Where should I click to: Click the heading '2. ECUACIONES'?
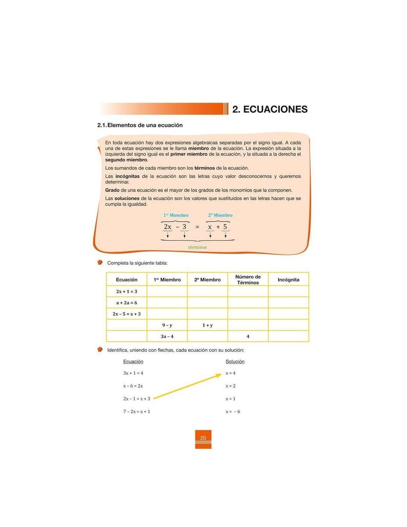pyautogui.click(x=270, y=109)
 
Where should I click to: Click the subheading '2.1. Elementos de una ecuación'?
pyautogui.click(x=140, y=125)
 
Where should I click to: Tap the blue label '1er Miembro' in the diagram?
pyautogui.click(x=176, y=215)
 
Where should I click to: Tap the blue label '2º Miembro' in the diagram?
pyautogui.click(x=220, y=215)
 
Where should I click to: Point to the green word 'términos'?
pyautogui.click(x=197, y=247)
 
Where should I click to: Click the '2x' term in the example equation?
pyautogui.click(x=168, y=227)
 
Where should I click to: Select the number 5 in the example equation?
pyautogui.click(x=225, y=226)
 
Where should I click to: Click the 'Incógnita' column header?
pyautogui.click(x=288, y=280)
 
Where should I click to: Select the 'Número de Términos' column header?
pyautogui.click(x=248, y=280)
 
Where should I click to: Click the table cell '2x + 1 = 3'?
pyautogui.click(x=127, y=292)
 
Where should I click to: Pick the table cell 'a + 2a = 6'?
pyautogui.click(x=127, y=303)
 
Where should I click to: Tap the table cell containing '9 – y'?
pyautogui.click(x=167, y=325)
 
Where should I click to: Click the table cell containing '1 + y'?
pyautogui.click(x=208, y=325)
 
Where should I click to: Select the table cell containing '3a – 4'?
pyautogui.click(x=167, y=337)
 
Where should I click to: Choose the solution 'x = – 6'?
pyautogui.click(x=233, y=412)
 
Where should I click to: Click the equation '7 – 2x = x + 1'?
pyautogui.click(x=137, y=412)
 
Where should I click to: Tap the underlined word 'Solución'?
pyautogui.click(x=235, y=362)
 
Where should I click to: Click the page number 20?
pyautogui.click(x=203, y=438)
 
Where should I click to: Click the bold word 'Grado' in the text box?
pyautogui.click(x=112, y=190)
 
